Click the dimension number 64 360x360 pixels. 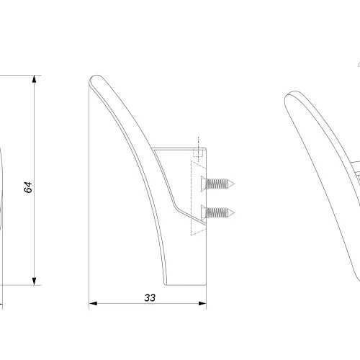28,187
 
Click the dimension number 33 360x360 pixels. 150,297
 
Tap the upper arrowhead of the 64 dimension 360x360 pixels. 35,79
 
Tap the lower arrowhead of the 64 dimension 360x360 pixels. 35,282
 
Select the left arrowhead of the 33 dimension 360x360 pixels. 93,303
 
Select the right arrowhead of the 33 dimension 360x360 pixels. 202,303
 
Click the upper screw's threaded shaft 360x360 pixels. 217,184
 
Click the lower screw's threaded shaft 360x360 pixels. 217,212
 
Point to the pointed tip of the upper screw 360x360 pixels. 234,184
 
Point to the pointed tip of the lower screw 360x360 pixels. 234,213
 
